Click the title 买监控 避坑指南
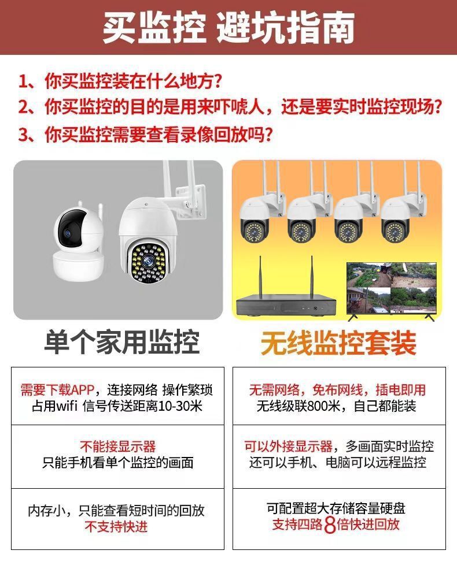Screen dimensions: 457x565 point(228,28)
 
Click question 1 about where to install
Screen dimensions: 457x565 point(120,81)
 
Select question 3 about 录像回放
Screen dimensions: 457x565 point(145,135)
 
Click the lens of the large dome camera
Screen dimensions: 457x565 point(148,261)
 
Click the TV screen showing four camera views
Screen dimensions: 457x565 point(392,288)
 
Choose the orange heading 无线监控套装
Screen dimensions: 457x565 point(338,343)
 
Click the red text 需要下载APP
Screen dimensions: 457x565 point(57,390)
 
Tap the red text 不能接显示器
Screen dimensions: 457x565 point(117,447)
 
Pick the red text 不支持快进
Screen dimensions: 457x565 point(116,526)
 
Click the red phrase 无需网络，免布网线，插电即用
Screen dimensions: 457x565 point(338,390)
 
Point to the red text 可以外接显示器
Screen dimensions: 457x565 point(288,447)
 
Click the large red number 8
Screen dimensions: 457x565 point(330,525)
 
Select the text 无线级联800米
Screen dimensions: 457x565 point(298,406)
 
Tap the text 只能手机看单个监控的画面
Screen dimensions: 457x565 point(117,462)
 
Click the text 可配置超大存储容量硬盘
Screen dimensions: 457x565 point(336,508)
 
